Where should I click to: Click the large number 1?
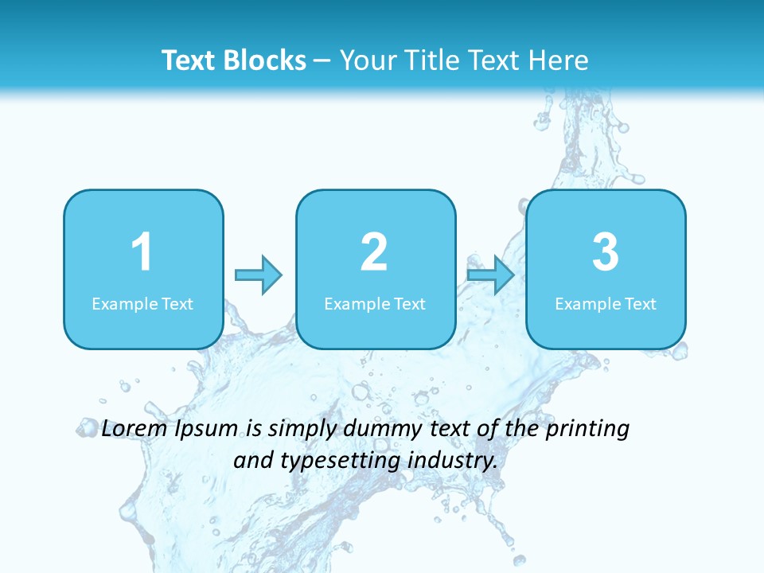[142, 253]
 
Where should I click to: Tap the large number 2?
[374, 253]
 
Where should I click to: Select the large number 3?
[606, 253]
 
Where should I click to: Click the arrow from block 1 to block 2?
[259, 275]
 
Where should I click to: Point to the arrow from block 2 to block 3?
[490, 275]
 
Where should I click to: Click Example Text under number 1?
[142, 303]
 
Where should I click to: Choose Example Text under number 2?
[375, 303]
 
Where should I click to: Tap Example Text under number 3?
[606, 303]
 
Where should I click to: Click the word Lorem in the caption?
[134, 428]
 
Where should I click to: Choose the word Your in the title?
[366, 60]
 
